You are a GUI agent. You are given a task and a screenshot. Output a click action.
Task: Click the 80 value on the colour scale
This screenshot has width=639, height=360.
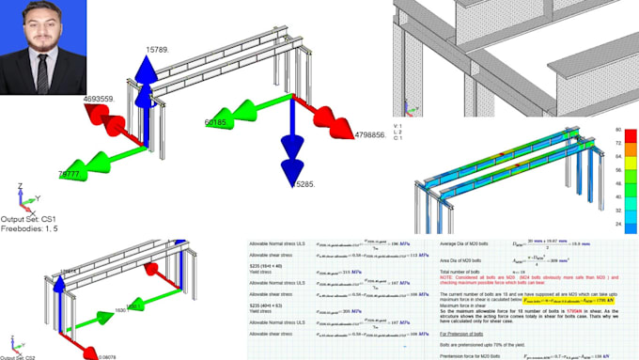coord(617,130)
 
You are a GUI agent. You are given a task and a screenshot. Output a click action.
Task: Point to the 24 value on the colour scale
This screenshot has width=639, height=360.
coord(617,227)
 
